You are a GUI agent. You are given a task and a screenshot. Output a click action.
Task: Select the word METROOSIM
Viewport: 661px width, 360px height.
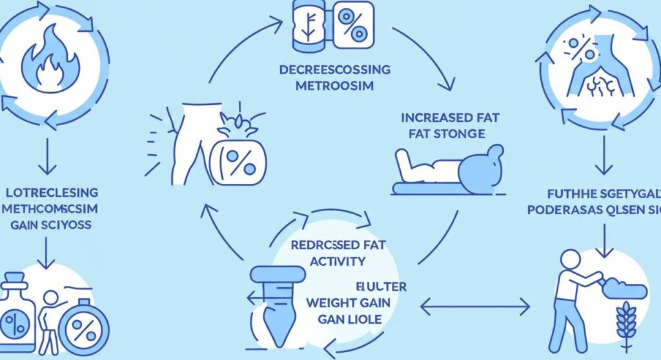pos(330,86)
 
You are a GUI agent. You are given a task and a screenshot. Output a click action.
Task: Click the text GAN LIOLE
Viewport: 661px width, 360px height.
pos(350,319)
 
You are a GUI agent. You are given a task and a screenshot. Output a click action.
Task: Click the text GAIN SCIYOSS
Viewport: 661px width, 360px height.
pos(50,226)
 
